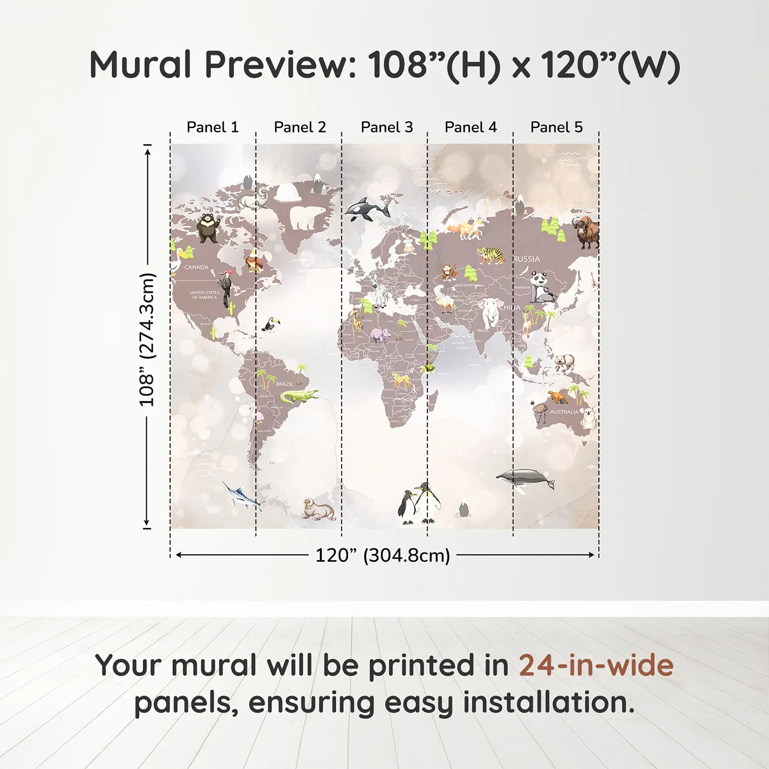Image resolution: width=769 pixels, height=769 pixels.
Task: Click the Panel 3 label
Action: pyautogui.click(x=386, y=127)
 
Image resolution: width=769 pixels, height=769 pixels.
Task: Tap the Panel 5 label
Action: pyautogui.click(x=556, y=127)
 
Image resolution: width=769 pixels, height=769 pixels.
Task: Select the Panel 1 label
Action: pyautogui.click(x=213, y=127)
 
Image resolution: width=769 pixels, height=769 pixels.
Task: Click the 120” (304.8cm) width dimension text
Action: pyautogui.click(x=382, y=555)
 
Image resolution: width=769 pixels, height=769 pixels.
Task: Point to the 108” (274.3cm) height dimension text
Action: pyautogui.click(x=147, y=339)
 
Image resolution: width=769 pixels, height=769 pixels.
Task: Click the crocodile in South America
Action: pyautogui.click(x=298, y=396)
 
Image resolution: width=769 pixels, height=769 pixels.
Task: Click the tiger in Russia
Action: pyautogui.click(x=491, y=255)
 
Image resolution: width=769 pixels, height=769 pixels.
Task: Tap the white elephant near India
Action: pyautogui.click(x=491, y=313)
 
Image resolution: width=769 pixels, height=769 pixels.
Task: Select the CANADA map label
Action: pyautogui.click(x=196, y=268)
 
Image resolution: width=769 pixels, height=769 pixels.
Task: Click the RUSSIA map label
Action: pyautogui.click(x=526, y=259)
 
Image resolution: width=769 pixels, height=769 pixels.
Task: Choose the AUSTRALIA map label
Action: pyautogui.click(x=564, y=412)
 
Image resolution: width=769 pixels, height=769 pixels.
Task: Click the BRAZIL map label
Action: pyautogui.click(x=285, y=384)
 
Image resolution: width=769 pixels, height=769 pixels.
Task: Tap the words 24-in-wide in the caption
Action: pyautogui.click(x=596, y=666)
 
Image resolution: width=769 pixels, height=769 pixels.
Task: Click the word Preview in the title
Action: pyautogui.click(x=281, y=65)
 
